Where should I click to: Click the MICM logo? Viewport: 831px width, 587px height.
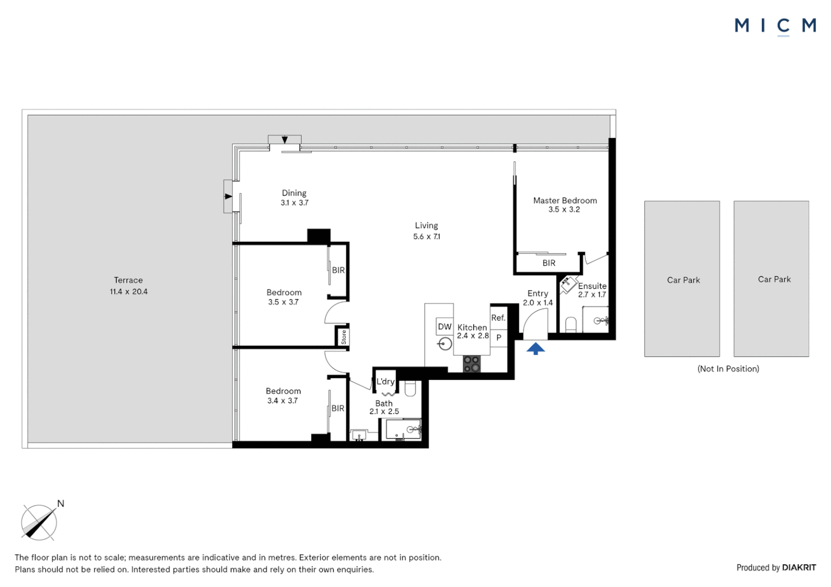pos(776,26)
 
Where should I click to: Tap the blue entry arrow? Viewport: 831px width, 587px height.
pos(535,348)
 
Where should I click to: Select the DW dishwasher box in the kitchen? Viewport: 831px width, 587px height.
pos(444,326)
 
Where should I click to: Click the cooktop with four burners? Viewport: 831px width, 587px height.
pos(472,364)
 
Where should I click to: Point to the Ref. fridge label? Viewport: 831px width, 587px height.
pos(498,317)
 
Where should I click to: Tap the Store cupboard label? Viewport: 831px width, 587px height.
pos(344,337)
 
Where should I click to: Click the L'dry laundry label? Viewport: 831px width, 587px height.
pos(386,381)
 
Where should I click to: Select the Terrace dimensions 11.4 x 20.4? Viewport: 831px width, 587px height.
pos(128,291)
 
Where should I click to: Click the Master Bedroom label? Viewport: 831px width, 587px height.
pos(565,200)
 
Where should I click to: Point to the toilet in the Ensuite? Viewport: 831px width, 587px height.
pos(571,325)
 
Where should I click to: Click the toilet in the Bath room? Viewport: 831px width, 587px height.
pos(410,389)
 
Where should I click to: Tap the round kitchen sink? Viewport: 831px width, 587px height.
pos(444,344)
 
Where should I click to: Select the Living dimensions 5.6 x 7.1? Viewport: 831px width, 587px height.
pos(426,236)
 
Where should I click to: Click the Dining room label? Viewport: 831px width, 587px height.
pos(294,193)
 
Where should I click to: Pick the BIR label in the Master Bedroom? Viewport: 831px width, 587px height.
pos(549,263)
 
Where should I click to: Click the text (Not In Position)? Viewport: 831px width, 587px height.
pos(728,369)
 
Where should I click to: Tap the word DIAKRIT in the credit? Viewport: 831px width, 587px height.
pos(799,567)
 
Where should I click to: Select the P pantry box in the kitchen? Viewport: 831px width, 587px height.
pos(499,338)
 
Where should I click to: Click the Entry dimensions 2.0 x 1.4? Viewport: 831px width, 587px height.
pos(537,303)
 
